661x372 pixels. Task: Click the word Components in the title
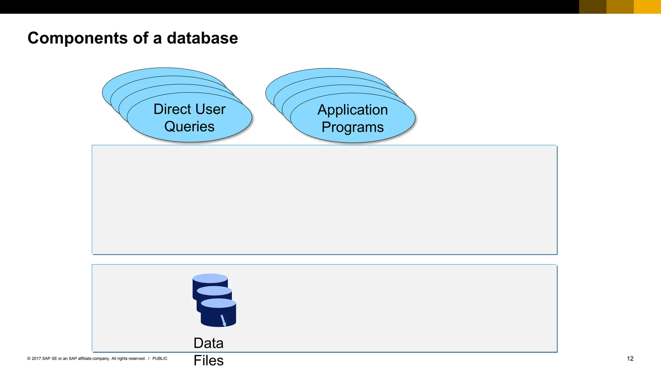click(78, 38)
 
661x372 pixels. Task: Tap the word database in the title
click(202, 38)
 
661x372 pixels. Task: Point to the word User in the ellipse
click(210, 109)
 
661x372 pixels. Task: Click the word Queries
click(189, 127)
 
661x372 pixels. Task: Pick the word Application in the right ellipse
click(353, 110)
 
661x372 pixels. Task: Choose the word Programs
click(353, 127)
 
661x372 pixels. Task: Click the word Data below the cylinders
click(208, 343)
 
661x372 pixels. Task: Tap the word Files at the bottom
click(208, 360)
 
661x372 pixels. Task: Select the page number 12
click(630, 358)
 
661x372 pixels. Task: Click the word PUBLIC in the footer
click(160, 358)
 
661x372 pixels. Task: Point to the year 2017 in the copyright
click(36, 358)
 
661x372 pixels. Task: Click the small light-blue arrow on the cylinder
click(223, 320)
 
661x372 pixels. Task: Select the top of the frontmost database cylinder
click(219, 303)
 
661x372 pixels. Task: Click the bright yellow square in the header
click(647, 7)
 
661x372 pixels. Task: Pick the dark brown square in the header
click(593, 7)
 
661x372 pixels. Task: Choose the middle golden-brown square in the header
click(620, 7)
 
